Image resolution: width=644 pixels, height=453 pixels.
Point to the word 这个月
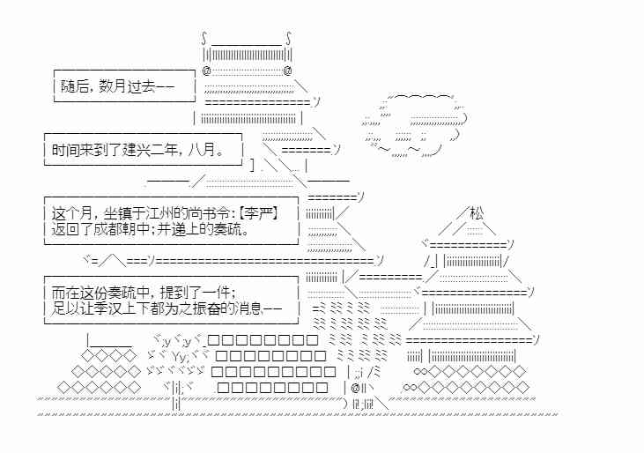click(71, 213)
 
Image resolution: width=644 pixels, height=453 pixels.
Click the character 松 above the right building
click(477, 212)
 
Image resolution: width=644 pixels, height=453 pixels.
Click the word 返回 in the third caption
click(64, 230)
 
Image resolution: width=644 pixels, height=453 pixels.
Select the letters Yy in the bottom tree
click(178, 356)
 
